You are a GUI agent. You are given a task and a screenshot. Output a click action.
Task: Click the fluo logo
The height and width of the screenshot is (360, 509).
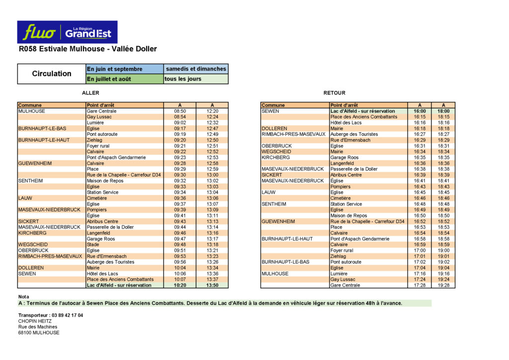pyautogui.click(x=39, y=32)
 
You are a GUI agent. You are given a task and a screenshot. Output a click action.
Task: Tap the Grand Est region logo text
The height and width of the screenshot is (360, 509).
pyautogui.click(x=88, y=33)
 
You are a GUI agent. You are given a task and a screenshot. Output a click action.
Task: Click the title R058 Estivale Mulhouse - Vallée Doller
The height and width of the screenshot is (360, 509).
pyautogui.click(x=87, y=49)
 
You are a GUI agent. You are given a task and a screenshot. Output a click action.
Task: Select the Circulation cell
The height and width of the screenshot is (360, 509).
pyautogui.click(x=52, y=74)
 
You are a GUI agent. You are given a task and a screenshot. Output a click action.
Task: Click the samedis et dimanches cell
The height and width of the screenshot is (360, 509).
pyautogui.click(x=196, y=69)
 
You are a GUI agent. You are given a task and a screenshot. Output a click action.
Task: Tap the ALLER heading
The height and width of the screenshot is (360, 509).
pyautogui.click(x=90, y=93)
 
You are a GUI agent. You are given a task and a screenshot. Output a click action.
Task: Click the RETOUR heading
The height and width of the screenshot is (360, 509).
pyautogui.click(x=334, y=93)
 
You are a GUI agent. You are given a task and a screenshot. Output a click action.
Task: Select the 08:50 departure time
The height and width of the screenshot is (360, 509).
pyautogui.click(x=180, y=111)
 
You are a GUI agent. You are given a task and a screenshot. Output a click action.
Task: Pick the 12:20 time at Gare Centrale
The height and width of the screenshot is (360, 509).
pyautogui.click(x=212, y=111)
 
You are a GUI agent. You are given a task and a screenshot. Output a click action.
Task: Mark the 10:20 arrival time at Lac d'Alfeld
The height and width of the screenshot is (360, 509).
pyautogui.click(x=180, y=285)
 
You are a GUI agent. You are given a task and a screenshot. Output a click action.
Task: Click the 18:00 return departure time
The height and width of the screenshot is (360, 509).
pyautogui.click(x=444, y=111)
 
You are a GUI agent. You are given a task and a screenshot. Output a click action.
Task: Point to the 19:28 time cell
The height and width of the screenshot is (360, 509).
pyautogui.click(x=444, y=285)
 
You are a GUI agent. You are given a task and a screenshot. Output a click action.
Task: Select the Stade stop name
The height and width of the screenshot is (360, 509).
pyautogui.click(x=93, y=245)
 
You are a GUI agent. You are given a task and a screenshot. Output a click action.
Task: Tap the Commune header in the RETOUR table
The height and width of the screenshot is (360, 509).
pyautogui.click(x=273, y=105)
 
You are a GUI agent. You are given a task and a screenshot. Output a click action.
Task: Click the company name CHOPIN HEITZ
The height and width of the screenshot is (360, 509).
pyautogui.click(x=35, y=321)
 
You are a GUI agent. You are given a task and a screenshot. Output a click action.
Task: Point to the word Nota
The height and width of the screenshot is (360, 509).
pyautogui.click(x=24, y=297)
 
